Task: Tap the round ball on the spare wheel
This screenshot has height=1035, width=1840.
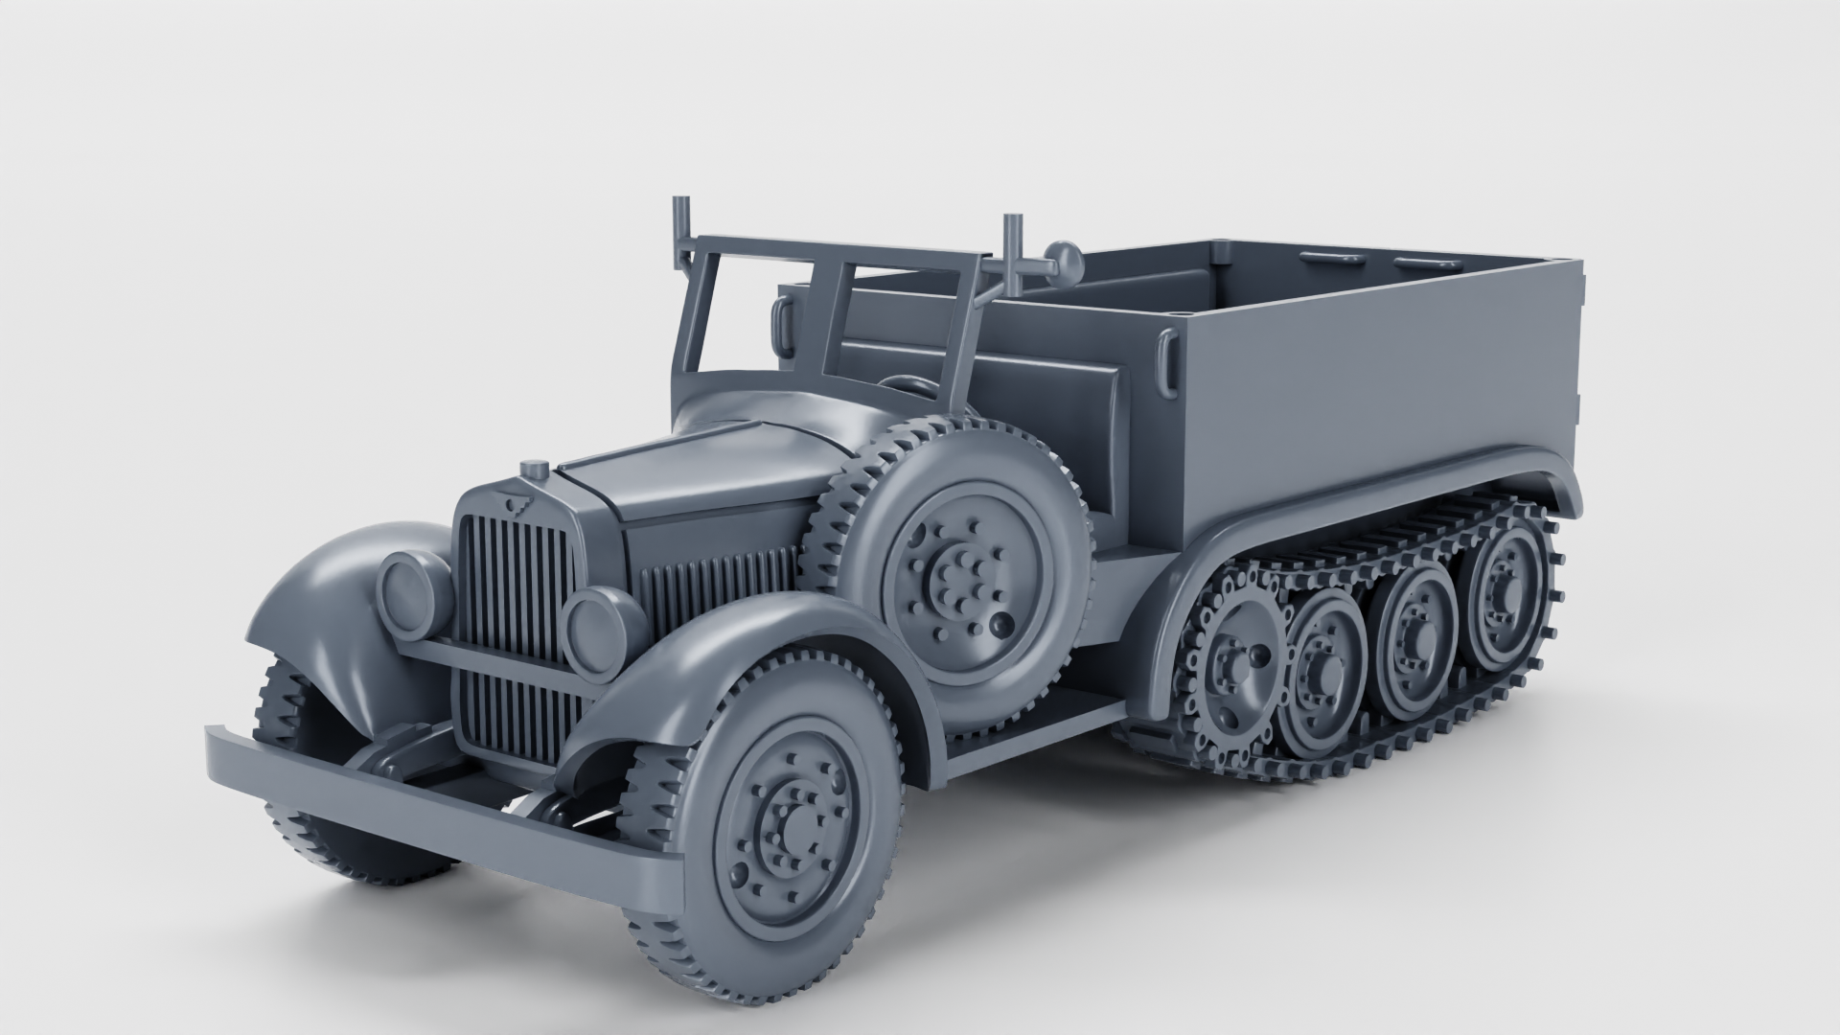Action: point(1002,626)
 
